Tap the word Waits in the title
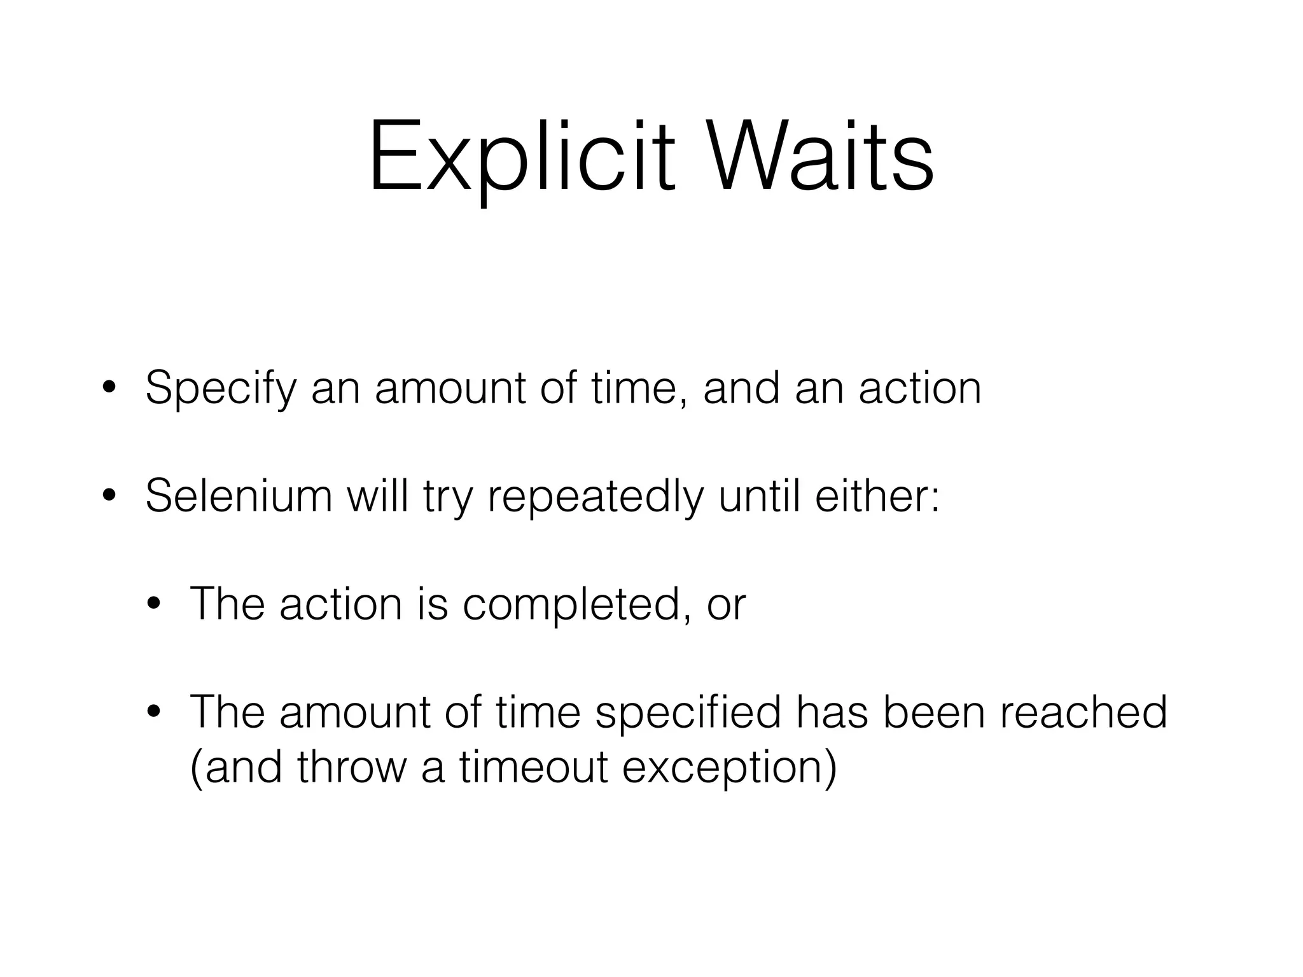pyautogui.click(x=821, y=157)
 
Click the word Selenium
pyautogui.click(x=239, y=496)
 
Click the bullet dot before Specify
pyautogui.click(x=109, y=389)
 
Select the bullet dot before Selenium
pyautogui.click(x=109, y=497)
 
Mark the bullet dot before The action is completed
pyautogui.click(x=154, y=604)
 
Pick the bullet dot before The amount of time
pyautogui.click(x=154, y=712)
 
